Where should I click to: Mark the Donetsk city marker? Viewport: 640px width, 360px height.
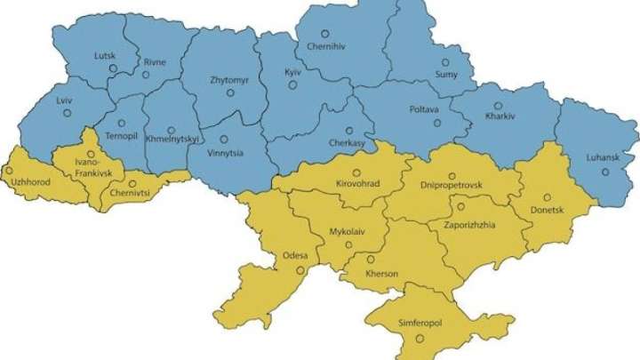pos(548,197)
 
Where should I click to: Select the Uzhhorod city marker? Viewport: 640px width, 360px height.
pos(10,170)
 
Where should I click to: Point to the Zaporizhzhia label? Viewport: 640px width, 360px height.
pos(462,225)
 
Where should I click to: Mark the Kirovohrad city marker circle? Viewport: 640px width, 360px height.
pos(356,173)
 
